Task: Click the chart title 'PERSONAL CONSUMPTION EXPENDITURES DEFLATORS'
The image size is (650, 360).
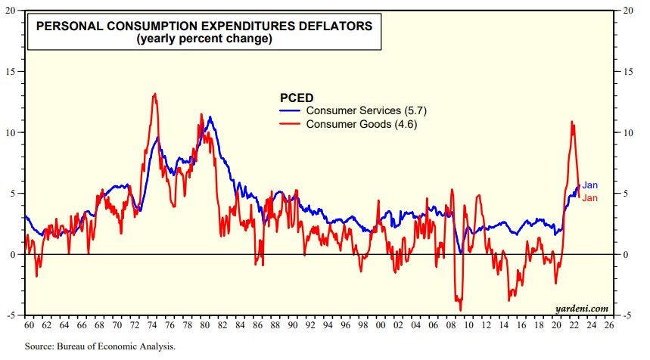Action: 204,26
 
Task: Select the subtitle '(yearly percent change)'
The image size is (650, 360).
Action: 204,39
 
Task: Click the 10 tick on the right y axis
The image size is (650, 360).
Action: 627,132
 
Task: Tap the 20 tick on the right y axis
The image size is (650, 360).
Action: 627,11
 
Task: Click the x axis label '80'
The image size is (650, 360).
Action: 205,325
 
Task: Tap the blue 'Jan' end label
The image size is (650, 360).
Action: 590,185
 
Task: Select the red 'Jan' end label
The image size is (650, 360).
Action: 590,198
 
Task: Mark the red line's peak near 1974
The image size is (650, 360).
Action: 154,94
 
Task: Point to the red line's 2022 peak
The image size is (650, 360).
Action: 572,122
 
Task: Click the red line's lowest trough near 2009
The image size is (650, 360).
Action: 459,309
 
